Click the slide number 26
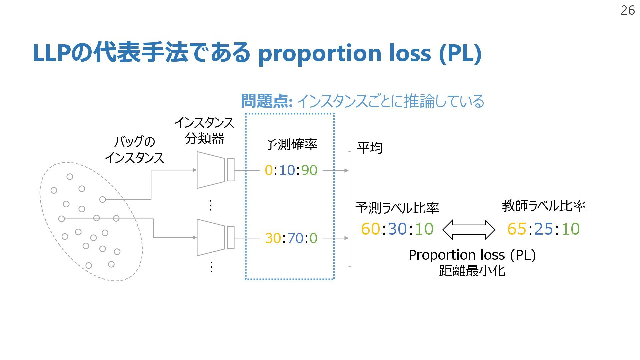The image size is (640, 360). click(x=627, y=11)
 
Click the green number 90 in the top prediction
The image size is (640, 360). click(x=309, y=170)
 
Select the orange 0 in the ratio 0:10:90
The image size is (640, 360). click(x=269, y=170)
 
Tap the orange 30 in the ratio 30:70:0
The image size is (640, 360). click(x=273, y=238)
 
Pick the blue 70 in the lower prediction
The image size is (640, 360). click(x=295, y=238)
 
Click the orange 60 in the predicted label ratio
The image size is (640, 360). click(x=370, y=229)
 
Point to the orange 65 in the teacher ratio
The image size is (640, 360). click(x=517, y=229)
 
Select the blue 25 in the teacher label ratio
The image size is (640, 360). click(x=543, y=229)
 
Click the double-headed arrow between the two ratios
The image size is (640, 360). click(x=469, y=229)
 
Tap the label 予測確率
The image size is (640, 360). click(x=291, y=144)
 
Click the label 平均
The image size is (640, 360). click(x=369, y=148)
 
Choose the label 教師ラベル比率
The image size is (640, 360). click(x=543, y=206)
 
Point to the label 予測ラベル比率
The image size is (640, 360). click(x=397, y=208)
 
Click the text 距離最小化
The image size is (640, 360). click(x=472, y=270)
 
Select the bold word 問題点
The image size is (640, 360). click(x=266, y=101)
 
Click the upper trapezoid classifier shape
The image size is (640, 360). click(x=211, y=170)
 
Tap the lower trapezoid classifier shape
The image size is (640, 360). click(x=211, y=237)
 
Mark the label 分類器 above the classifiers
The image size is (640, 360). click(x=204, y=138)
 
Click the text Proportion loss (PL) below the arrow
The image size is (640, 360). click(x=472, y=255)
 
